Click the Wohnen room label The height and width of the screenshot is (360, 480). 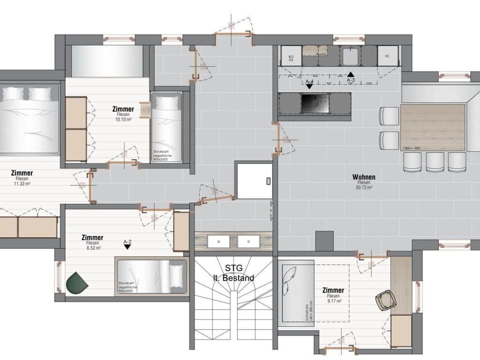coord(363,177)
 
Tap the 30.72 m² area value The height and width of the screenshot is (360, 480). coord(363,187)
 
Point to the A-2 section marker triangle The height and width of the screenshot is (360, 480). coord(127,247)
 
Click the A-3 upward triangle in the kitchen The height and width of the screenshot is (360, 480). coord(351,74)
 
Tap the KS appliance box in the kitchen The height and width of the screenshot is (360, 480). coord(387,56)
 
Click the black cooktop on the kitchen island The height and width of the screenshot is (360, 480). coord(313,104)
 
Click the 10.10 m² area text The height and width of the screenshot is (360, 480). coord(123,120)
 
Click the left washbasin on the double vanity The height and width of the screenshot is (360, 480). coord(218,241)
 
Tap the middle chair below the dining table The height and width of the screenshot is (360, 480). coord(435,161)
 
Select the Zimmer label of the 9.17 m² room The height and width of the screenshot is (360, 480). coord(333,290)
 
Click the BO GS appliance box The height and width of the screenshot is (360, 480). coord(290,57)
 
